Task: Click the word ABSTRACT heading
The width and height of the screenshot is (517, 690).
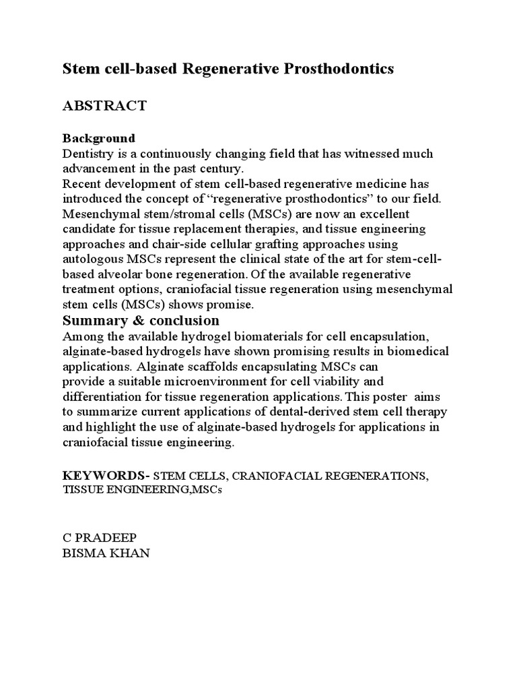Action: tap(104, 106)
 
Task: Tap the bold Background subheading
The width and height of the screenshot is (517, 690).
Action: tap(99, 138)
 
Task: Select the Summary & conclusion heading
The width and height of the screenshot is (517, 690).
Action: tap(141, 320)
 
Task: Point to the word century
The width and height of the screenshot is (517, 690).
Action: tap(222, 168)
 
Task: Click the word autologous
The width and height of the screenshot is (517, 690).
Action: tap(95, 259)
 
